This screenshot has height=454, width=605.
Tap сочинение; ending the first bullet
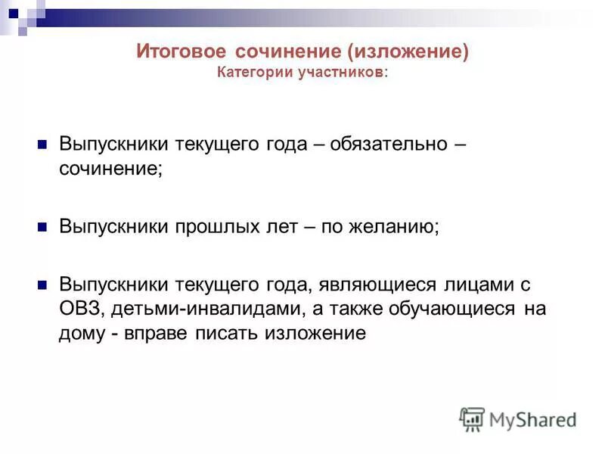coord(110,167)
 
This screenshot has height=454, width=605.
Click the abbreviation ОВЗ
coord(79,308)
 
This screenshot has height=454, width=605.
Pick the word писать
coord(230,332)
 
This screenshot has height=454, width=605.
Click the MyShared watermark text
coord(533,419)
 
